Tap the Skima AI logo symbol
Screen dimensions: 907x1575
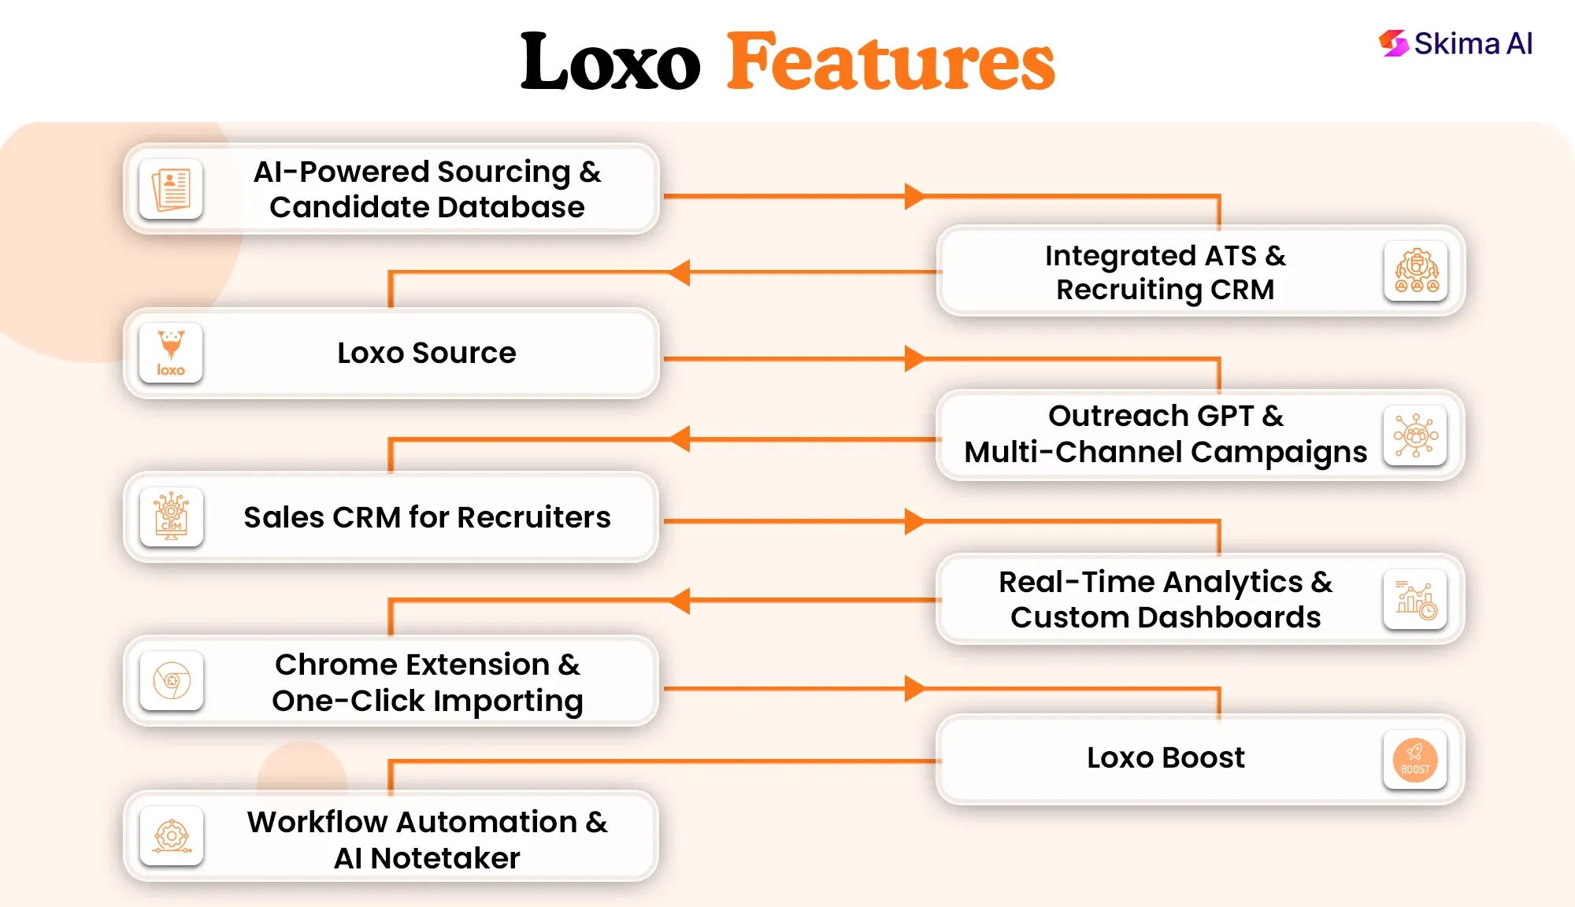(1393, 43)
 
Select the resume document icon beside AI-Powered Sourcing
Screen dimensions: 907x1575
(171, 189)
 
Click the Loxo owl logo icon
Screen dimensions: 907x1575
(171, 353)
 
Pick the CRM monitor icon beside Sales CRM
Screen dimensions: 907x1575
(171, 516)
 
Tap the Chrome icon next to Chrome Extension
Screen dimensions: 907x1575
(171, 680)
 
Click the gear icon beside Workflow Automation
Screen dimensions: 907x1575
(171, 836)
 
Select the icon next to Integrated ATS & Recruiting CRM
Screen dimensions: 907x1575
(1416, 272)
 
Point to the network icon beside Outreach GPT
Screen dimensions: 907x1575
(1415, 435)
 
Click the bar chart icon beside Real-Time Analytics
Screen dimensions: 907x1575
(1415, 600)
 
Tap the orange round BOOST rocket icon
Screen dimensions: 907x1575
(1415, 760)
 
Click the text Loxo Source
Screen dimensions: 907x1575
(426, 353)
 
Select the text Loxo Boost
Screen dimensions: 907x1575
(1165, 757)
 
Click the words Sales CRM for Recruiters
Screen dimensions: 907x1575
(427, 517)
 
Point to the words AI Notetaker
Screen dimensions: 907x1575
(427, 857)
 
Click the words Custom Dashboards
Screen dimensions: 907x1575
(1165, 617)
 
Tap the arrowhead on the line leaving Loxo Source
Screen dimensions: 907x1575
(913, 358)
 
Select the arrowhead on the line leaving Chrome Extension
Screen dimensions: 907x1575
(913, 688)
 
